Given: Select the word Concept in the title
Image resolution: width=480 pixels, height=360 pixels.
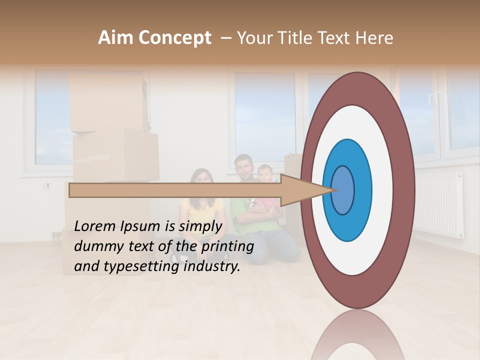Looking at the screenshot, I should pyautogui.click(x=174, y=38).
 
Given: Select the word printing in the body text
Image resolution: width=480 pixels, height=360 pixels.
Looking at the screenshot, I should pyautogui.click(x=227, y=246).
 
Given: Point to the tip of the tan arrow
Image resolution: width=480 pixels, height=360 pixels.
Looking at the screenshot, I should pyautogui.click(x=333, y=190).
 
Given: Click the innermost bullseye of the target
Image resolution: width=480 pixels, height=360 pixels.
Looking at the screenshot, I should pyautogui.click(x=343, y=190).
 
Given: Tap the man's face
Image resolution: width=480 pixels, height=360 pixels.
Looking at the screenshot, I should pyautogui.click(x=244, y=168).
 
